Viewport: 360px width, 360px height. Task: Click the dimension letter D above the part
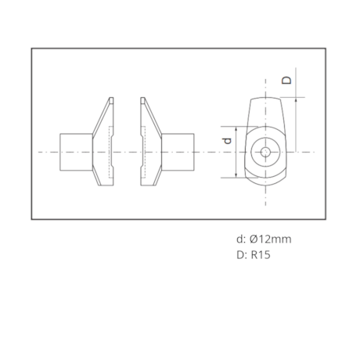287,80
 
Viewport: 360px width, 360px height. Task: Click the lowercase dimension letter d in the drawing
226,141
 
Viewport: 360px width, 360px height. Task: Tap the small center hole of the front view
265,150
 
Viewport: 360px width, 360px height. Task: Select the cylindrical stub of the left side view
77,150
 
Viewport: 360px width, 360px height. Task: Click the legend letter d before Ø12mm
239,239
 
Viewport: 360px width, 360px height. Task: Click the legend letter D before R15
240,254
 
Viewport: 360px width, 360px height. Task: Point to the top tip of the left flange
111,99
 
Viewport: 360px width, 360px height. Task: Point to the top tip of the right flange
143,99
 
